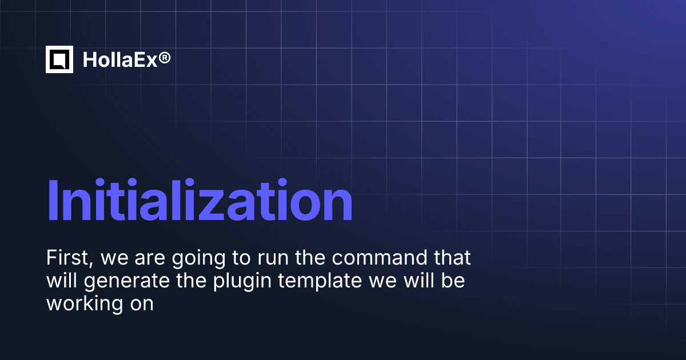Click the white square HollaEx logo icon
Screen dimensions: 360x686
pos(59,59)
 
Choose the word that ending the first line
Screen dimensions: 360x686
pos(452,258)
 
